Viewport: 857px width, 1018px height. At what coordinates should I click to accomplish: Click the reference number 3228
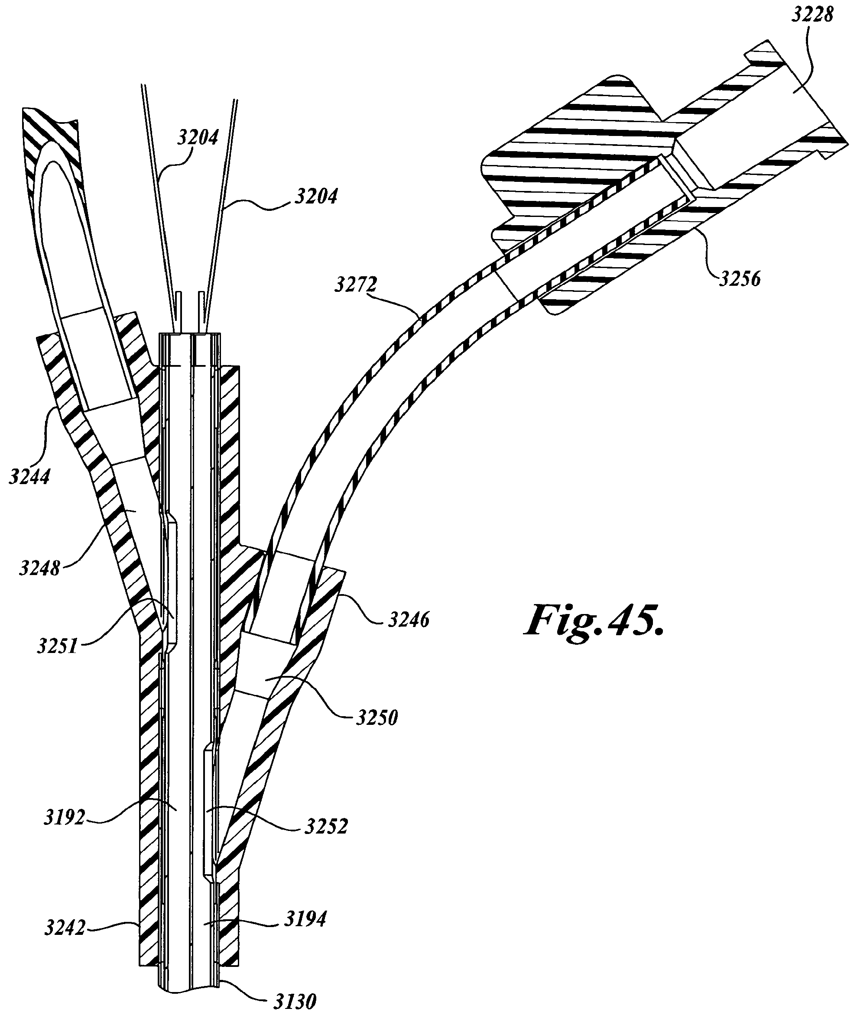pos(812,16)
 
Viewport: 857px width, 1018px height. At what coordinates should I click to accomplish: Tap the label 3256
pos(740,279)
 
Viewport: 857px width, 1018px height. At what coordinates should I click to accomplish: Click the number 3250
pos(377,717)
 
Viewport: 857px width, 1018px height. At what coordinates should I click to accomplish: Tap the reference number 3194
pos(305,918)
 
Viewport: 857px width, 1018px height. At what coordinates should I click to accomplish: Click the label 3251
pos(57,646)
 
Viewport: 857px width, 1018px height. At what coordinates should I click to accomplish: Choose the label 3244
pos(29,477)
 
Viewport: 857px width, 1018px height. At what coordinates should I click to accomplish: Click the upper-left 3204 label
pos(198,138)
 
